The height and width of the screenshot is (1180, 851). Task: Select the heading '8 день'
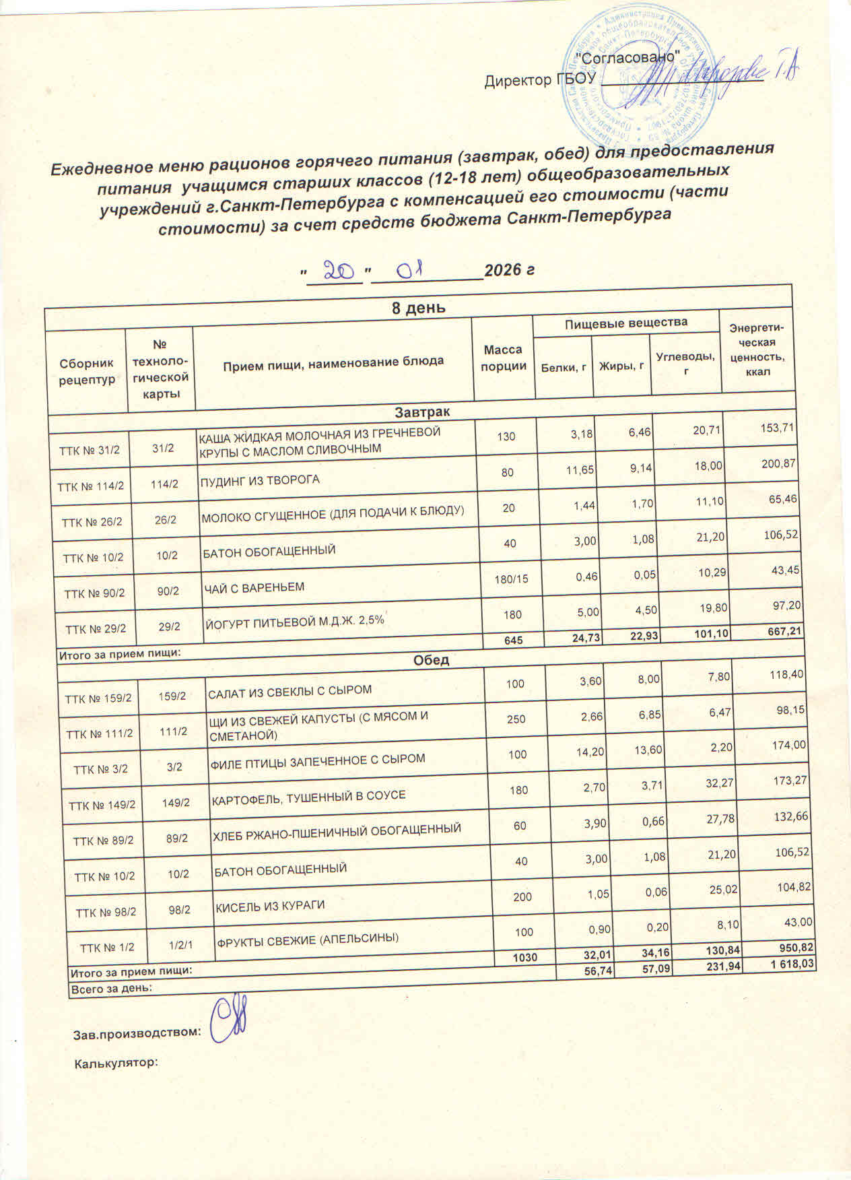tap(418, 308)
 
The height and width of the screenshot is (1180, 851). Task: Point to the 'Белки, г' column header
tap(562, 366)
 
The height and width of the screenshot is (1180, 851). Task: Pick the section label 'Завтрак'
tap(422, 411)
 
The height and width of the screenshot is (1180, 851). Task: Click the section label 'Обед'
tap(431, 660)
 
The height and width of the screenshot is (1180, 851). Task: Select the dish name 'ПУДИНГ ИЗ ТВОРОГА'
tap(260, 480)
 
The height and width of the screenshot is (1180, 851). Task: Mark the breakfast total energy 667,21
tap(782, 630)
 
